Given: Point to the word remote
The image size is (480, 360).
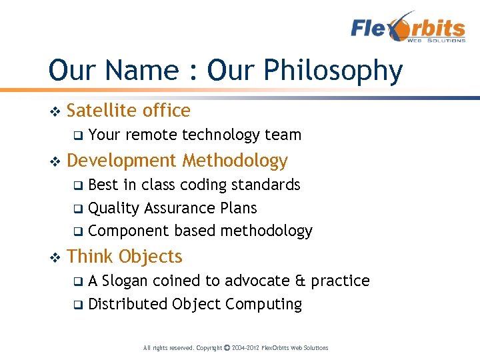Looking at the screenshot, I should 151,135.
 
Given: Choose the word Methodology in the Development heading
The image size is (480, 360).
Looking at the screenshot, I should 235,161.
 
